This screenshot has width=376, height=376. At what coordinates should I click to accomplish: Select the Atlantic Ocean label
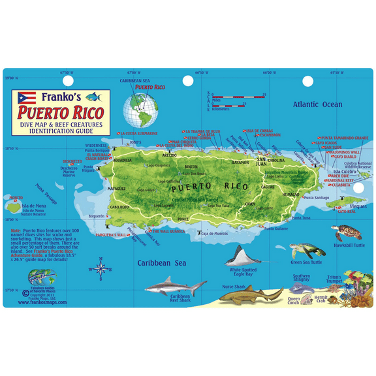[317, 104]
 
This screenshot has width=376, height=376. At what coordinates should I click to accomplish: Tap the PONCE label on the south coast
[183, 219]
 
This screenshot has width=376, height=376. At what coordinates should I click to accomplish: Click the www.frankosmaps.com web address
[45, 302]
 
